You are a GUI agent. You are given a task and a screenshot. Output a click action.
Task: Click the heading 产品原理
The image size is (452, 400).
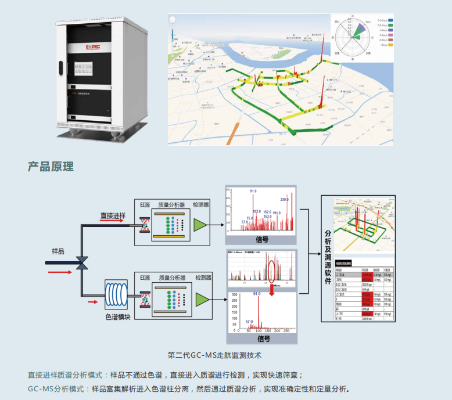point(51,167)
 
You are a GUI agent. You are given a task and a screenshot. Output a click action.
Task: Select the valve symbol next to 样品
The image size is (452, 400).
point(82,262)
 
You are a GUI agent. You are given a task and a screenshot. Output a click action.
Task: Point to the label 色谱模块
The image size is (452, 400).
point(118,317)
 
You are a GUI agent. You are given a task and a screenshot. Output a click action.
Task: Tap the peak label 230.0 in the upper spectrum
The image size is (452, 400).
point(284,200)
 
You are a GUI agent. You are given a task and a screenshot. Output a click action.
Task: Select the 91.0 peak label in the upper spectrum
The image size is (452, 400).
point(253,191)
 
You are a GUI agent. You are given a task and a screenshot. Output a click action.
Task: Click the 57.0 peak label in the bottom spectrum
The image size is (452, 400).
point(249,321)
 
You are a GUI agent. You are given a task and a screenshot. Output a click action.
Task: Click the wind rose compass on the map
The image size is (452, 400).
point(351,39)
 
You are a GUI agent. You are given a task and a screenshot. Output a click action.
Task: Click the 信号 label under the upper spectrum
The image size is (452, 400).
point(262,239)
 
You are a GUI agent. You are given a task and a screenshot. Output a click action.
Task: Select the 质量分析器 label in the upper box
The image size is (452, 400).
point(171,205)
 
